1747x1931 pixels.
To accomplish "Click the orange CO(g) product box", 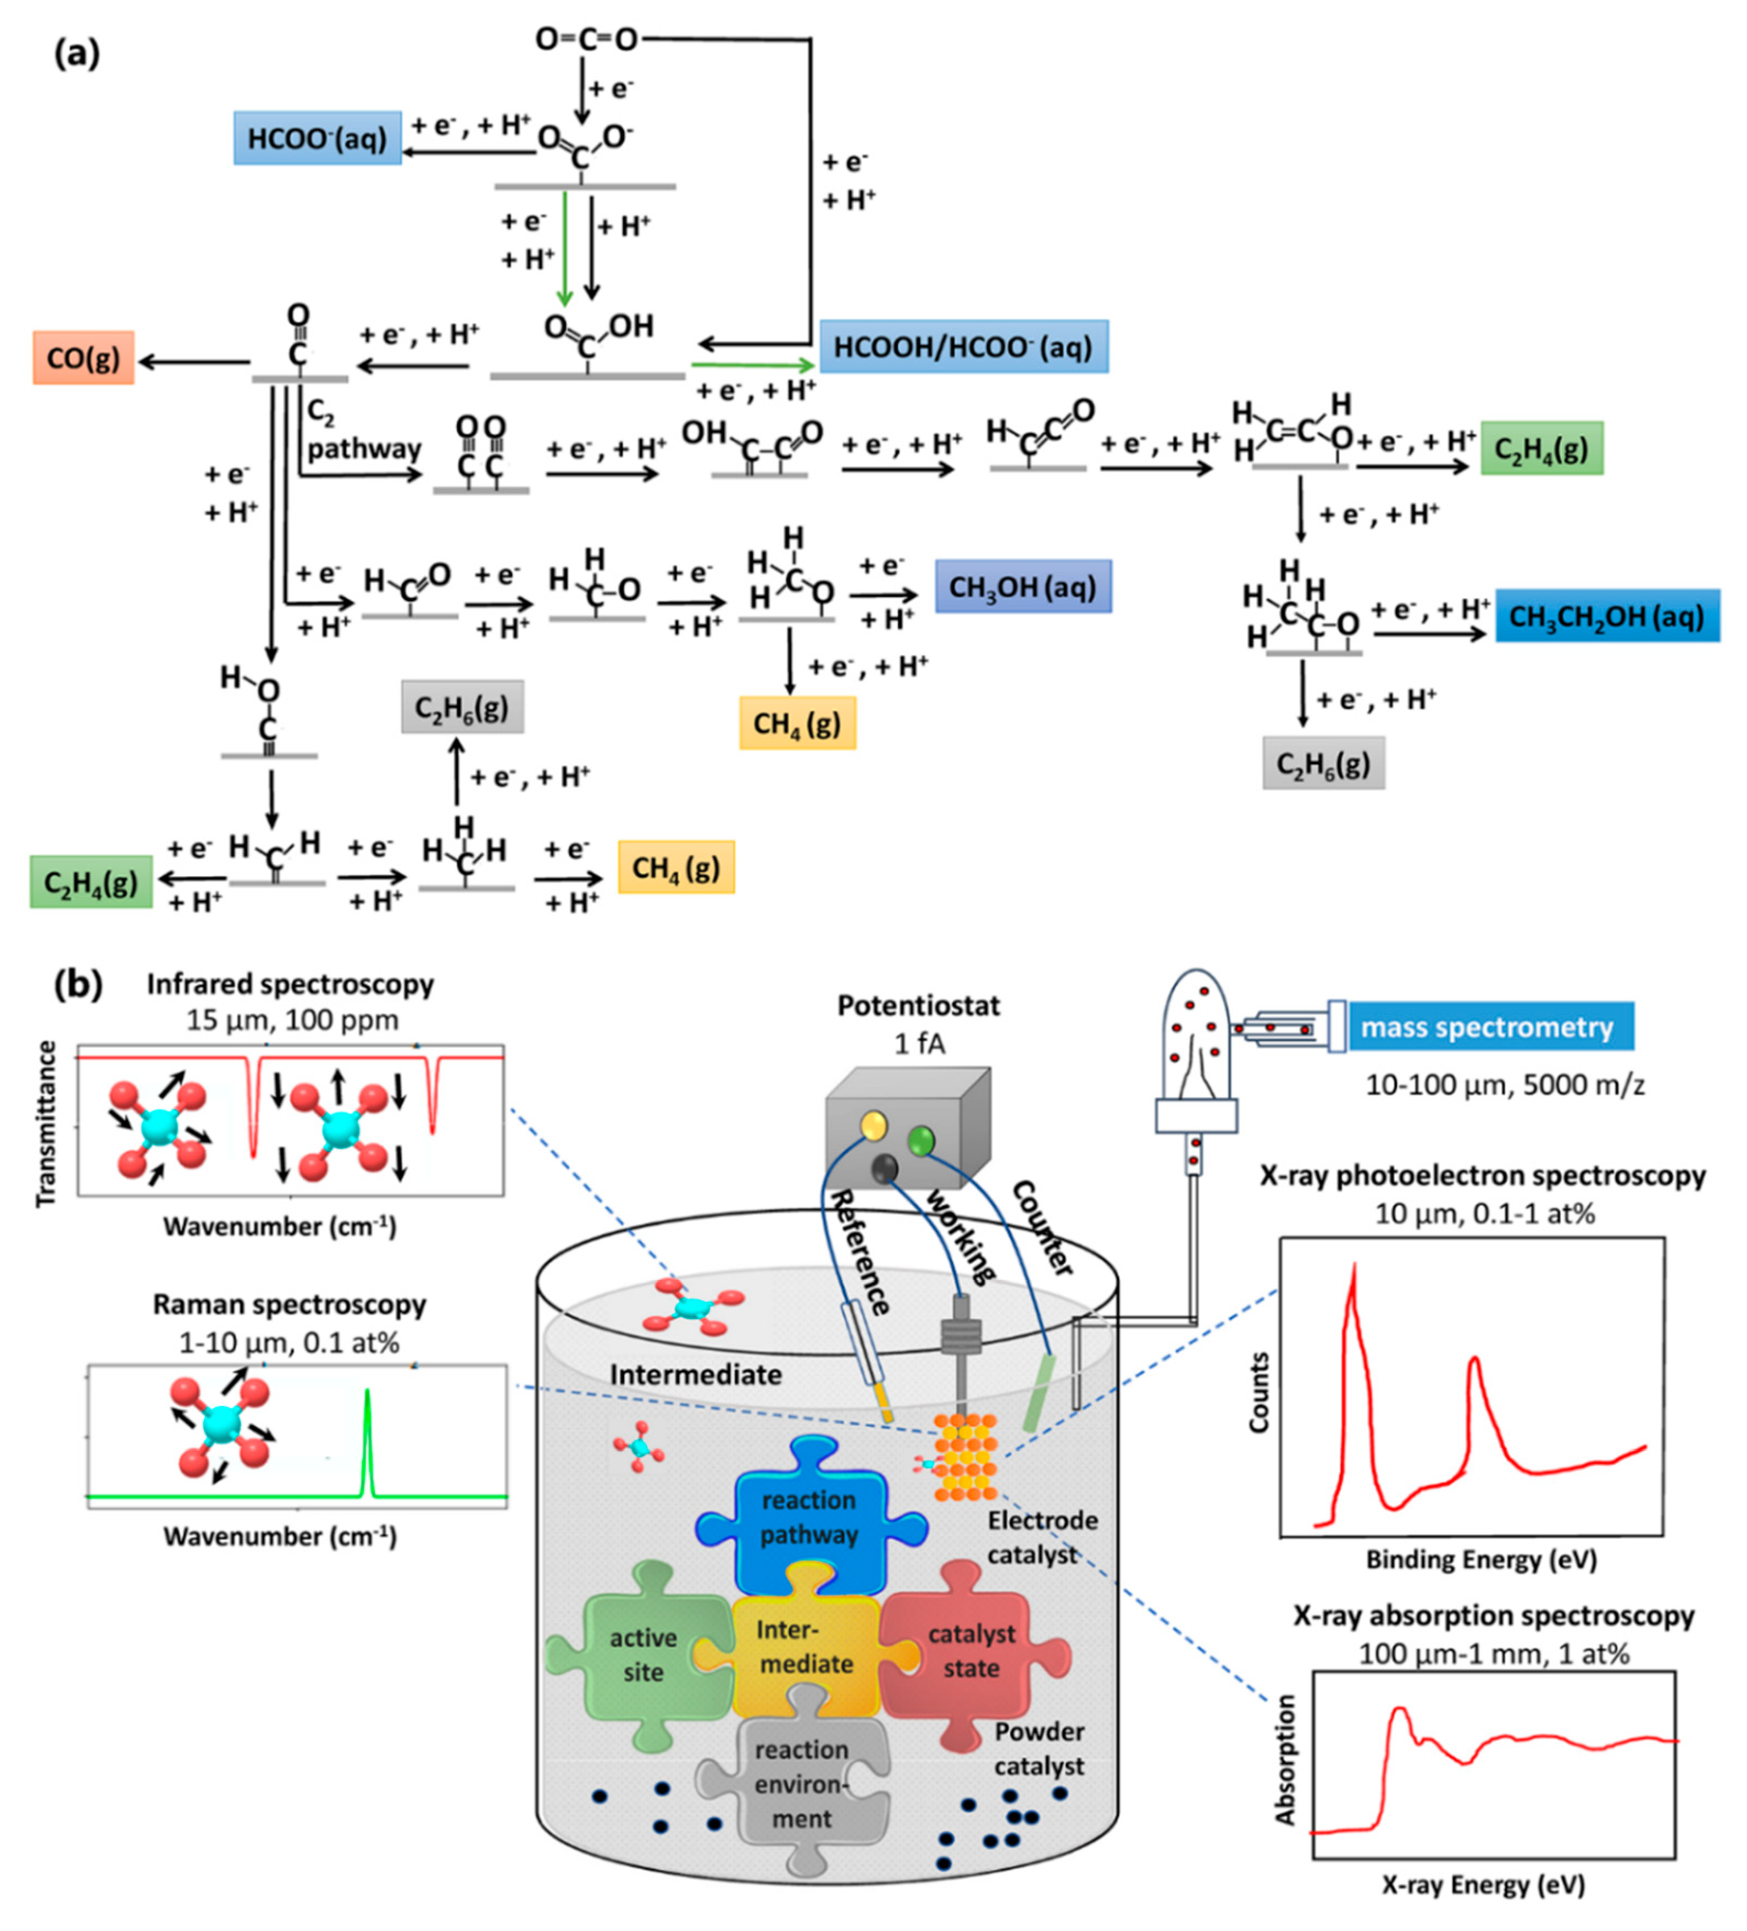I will point(84,358).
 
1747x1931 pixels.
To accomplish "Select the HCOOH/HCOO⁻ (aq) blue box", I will point(963,347).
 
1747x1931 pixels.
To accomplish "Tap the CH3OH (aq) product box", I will point(1022,586).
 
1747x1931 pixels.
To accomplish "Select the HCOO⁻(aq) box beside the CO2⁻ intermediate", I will point(317,138).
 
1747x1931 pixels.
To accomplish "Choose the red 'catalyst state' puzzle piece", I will point(971,1650).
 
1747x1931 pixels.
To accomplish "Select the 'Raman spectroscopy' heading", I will point(289,1304).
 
